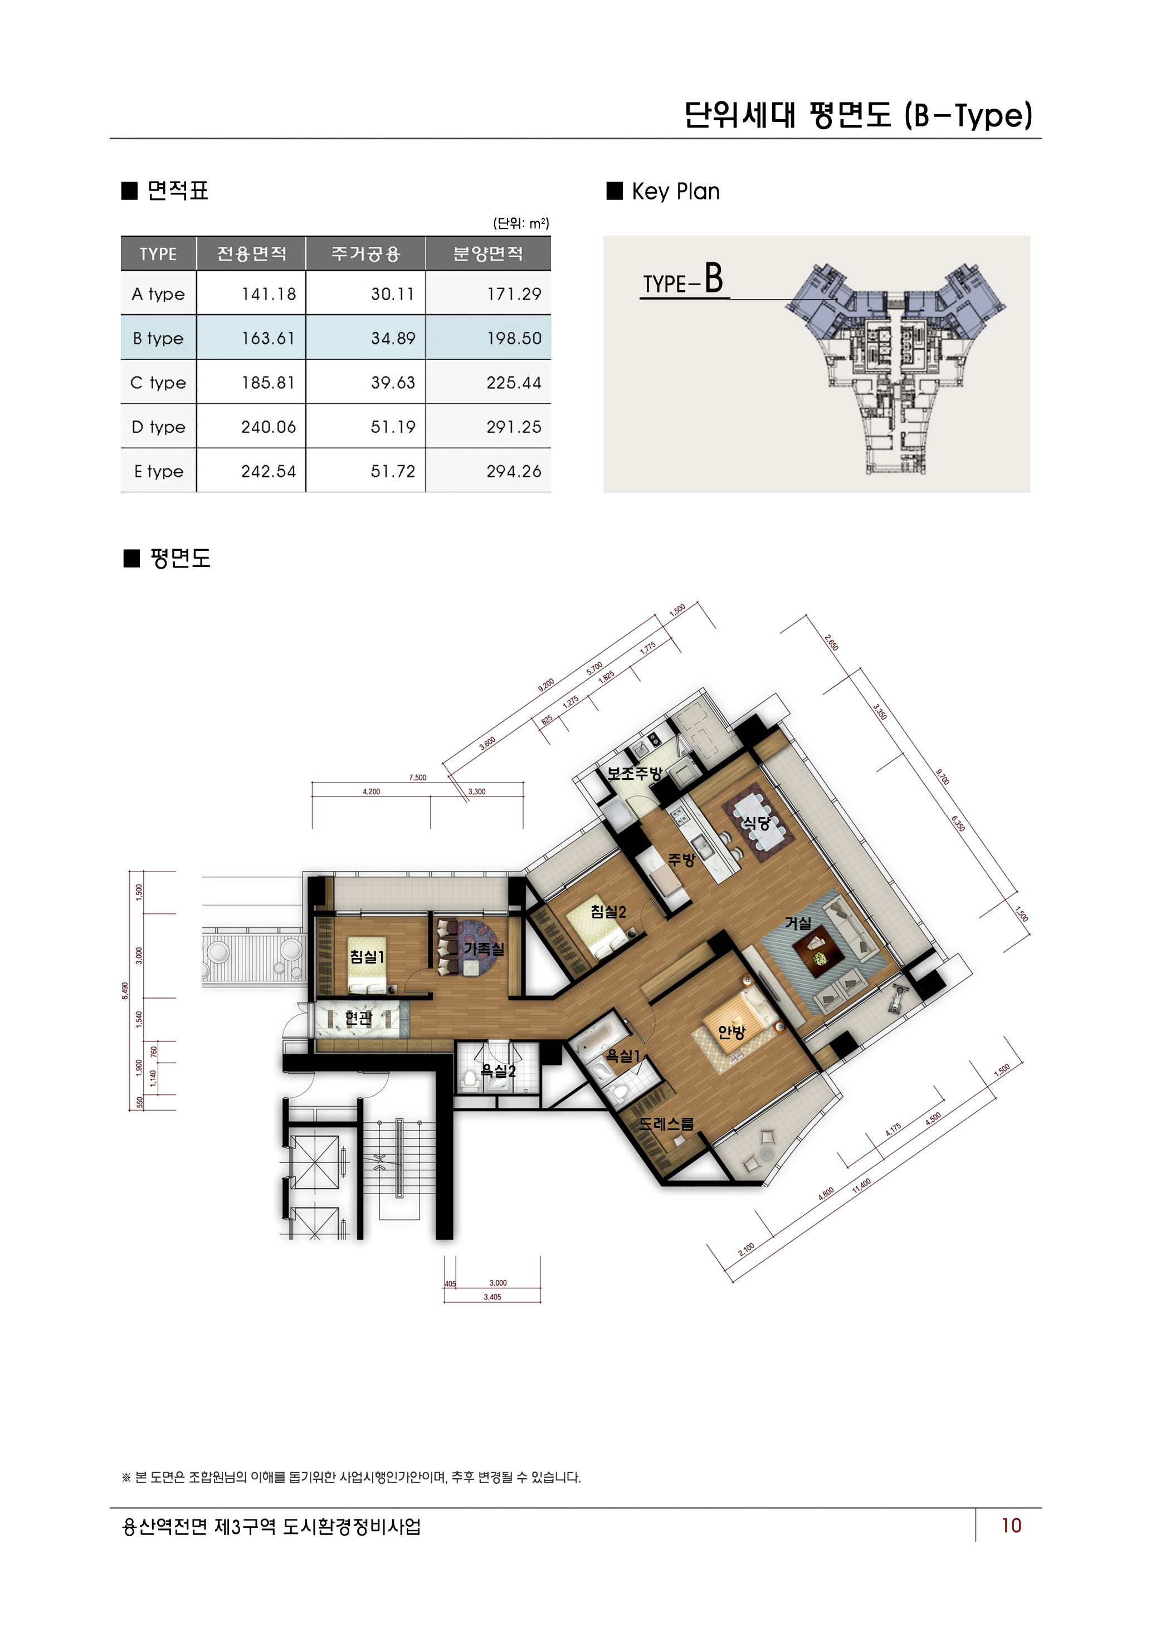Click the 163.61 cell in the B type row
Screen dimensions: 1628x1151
tap(267, 338)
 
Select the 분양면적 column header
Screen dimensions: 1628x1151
tap(487, 254)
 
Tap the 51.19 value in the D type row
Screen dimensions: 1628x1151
tap(392, 427)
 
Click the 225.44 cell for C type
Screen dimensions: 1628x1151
tap(514, 383)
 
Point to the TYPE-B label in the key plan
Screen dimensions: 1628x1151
tap(683, 280)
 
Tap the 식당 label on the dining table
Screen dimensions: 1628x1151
tap(756, 823)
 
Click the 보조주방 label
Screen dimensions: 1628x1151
tap(634, 774)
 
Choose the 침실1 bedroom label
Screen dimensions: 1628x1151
tap(367, 956)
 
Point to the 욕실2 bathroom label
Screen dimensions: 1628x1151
tap(498, 1070)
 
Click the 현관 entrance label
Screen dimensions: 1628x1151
tap(358, 1018)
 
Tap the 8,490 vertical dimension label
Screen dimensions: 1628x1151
tap(125, 990)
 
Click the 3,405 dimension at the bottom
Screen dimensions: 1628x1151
tap(492, 1297)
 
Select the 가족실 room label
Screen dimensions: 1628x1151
tap(484, 949)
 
